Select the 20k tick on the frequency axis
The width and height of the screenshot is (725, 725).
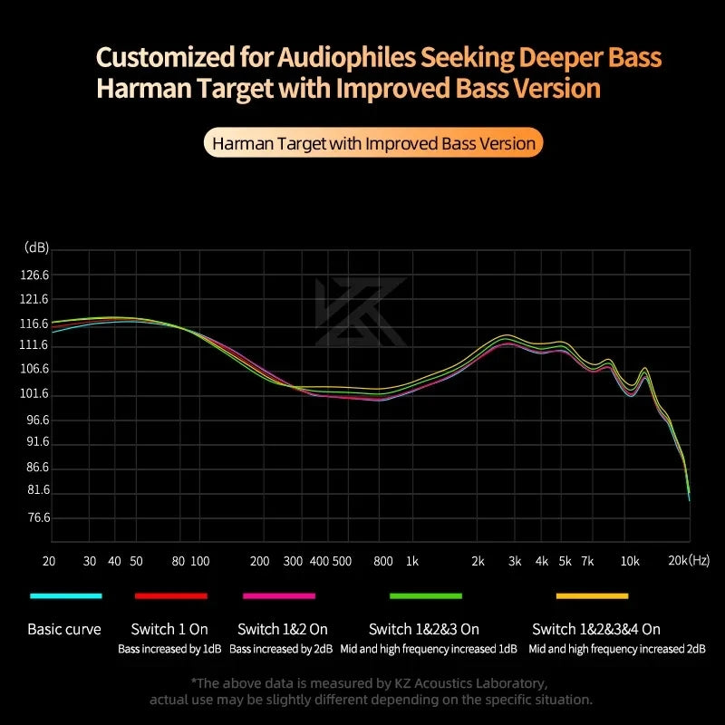[x=679, y=561]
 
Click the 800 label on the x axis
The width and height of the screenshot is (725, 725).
[x=383, y=561]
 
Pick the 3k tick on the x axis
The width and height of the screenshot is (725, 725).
[x=515, y=561]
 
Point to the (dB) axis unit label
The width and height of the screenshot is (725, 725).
[x=36, y=247]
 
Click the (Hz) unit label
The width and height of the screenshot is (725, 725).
[x=700, y=561]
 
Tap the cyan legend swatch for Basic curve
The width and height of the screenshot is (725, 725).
[x=65, y=595]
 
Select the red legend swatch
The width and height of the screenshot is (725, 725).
[x=171, y=595]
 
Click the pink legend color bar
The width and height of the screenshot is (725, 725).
[x=279, y=595]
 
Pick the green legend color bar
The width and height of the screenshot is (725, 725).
[x=426, y=595]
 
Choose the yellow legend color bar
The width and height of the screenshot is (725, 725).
[x=592, y=595]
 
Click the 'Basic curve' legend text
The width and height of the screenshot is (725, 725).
[x=64, y=629]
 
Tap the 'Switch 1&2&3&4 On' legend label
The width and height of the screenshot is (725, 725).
[x=596, y=629]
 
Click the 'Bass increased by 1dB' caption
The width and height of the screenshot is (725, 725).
[x=169, y=649]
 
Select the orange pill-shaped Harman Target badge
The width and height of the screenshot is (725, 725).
[x=372, y=143]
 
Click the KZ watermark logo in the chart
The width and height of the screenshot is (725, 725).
[x=360, y=313]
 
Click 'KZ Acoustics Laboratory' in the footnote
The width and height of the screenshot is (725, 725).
[x=470, y=682]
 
